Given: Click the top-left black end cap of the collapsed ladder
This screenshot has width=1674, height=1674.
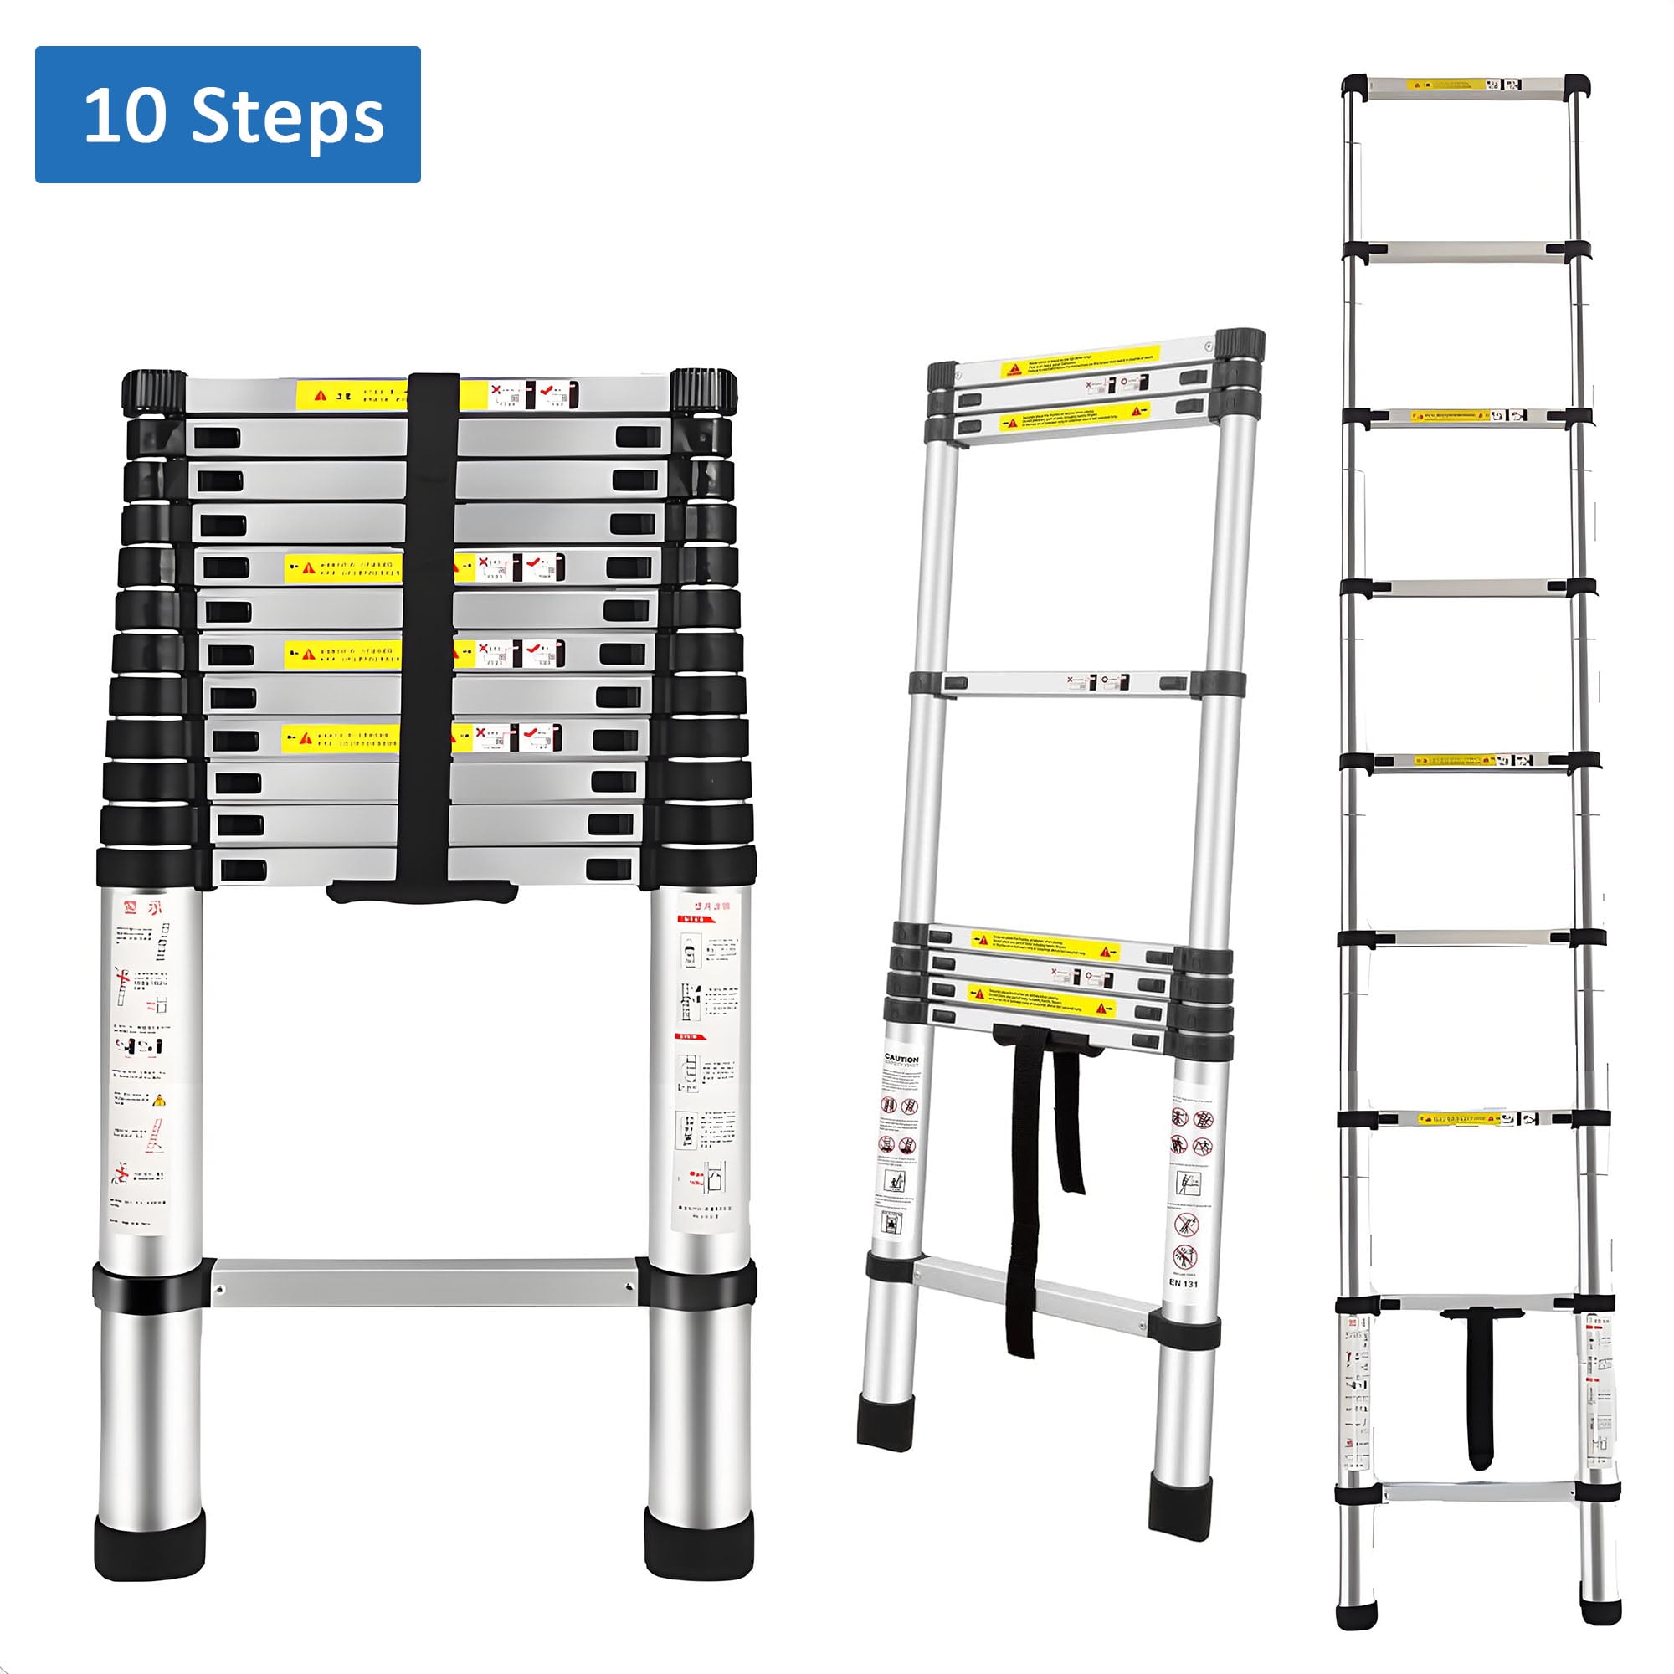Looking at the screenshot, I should (x=154, y=391).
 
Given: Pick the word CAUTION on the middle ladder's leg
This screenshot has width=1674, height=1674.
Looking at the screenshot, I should (x=901, y=1059).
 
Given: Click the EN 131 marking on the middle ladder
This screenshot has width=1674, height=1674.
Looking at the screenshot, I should (x=1183, y=1282).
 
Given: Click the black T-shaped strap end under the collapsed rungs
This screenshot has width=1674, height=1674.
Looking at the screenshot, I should (x=422, y=891).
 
